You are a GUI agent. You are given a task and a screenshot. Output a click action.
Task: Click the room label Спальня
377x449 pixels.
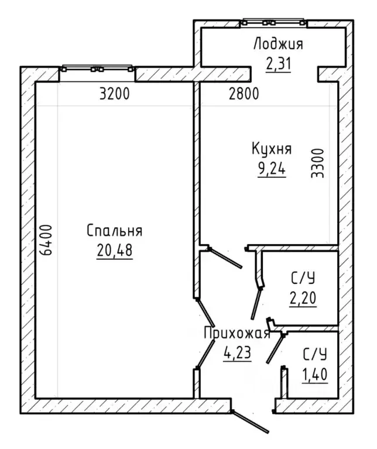(115, 231)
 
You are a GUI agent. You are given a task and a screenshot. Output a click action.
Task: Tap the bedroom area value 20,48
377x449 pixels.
(115, 250)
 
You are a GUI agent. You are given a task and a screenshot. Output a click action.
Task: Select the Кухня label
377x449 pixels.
(272, 149)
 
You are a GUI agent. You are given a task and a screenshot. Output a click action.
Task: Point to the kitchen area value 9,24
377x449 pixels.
(272, 169)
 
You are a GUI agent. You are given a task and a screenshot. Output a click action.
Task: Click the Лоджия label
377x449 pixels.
(278, 44)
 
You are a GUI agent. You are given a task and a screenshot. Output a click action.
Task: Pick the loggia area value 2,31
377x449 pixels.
(278, 64)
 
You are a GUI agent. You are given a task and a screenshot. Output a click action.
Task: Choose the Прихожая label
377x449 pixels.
(237, 333)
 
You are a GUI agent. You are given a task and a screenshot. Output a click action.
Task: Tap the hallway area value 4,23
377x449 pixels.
(237, 352)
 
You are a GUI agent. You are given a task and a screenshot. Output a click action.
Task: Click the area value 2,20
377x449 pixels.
(303, 298)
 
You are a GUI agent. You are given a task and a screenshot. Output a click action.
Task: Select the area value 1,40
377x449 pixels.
(314, 374)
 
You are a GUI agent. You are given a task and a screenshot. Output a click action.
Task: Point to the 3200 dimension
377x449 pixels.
(115, 94)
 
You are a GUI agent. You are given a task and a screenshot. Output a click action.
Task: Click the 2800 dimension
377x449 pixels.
(244, 94)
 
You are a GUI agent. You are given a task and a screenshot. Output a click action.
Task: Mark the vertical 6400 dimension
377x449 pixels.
(46, 240)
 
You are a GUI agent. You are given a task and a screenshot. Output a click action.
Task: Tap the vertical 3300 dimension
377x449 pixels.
(317, 163)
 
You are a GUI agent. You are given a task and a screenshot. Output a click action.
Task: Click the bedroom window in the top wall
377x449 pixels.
(97, 68)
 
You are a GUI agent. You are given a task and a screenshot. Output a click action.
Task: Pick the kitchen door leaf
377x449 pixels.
(225, 258)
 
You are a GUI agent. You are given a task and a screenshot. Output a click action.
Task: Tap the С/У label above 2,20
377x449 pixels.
(303, 278)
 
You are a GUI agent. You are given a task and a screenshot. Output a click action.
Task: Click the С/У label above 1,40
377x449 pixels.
(314, 355)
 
